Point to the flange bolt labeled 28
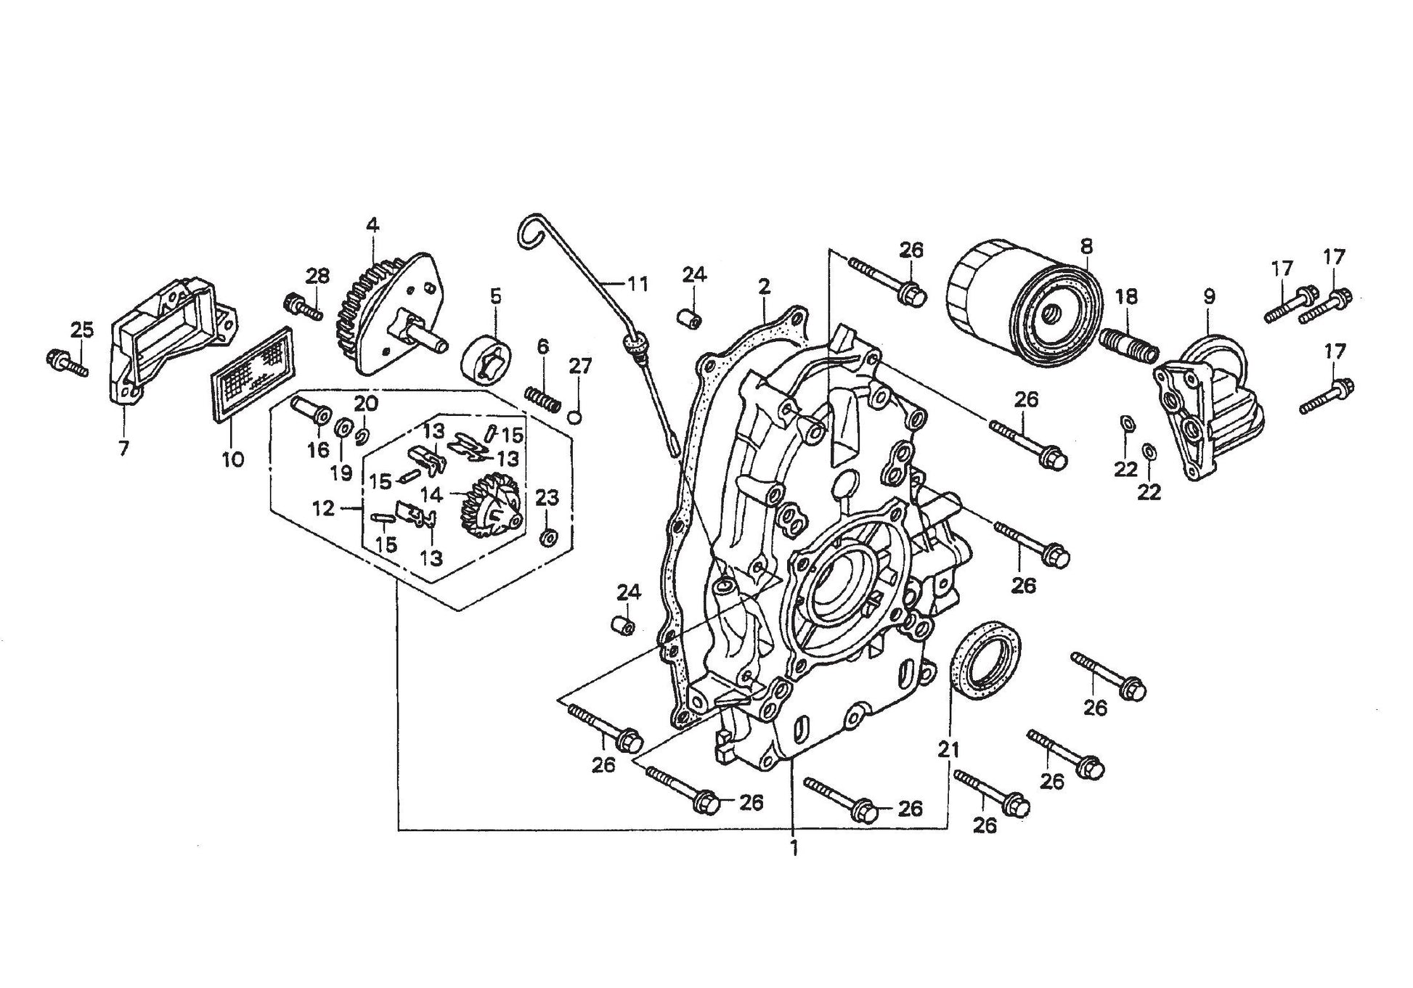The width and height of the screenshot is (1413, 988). [304, 306]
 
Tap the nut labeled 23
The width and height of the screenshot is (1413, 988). [549, 538]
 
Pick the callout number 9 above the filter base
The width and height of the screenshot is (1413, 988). [1208, 297]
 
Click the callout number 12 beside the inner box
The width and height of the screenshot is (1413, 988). [323, 509]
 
